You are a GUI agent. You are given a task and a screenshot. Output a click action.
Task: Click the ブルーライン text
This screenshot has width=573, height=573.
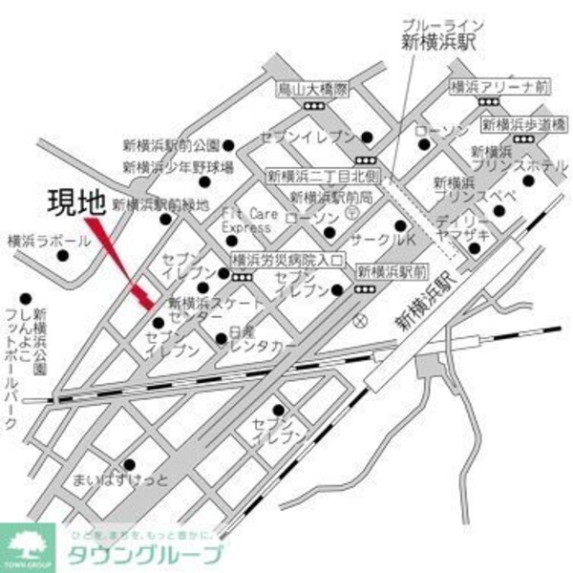click(x=442, y=24)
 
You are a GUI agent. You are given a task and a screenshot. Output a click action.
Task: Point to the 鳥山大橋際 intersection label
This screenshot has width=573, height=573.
click(x=312, y=88)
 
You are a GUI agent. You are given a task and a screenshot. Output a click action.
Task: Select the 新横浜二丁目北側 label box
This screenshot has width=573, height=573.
click(x=324, y=176)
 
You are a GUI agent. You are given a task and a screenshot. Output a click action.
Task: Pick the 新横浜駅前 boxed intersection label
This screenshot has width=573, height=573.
click(x=389, y=271)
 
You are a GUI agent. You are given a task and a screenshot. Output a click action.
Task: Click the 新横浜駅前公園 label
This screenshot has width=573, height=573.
click(x=171, y=145)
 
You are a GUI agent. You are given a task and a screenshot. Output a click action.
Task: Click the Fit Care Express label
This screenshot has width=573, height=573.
click(x=252, y=221)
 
